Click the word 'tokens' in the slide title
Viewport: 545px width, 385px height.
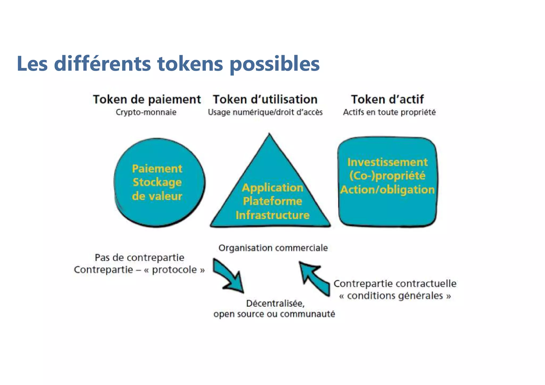coord(190,64)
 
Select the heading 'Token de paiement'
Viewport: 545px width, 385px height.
coord(147,99)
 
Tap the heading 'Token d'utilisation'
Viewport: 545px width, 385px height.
coord(265,99)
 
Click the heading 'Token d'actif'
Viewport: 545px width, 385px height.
coord(387,99)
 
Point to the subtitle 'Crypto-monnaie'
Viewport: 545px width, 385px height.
coord(146,112)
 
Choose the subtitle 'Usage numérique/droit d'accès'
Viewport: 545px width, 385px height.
coord(265,112)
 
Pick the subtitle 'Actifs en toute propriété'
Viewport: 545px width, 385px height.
coord(389,112)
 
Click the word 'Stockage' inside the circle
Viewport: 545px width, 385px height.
coord(157,182)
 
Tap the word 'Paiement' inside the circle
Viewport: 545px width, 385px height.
coord(157,169)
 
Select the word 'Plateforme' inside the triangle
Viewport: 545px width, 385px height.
coord(272,201)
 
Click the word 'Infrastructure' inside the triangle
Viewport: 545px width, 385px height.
coord(272,215)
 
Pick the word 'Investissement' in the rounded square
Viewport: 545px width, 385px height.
coord(387,162)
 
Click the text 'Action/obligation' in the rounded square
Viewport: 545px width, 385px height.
coord(387,190)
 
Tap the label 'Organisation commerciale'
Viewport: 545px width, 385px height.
coord(273,248)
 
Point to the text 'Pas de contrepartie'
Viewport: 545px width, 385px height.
coord(139,257)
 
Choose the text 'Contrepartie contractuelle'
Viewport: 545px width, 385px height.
coord(395,283)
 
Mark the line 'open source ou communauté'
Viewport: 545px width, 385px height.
coord(274,314)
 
